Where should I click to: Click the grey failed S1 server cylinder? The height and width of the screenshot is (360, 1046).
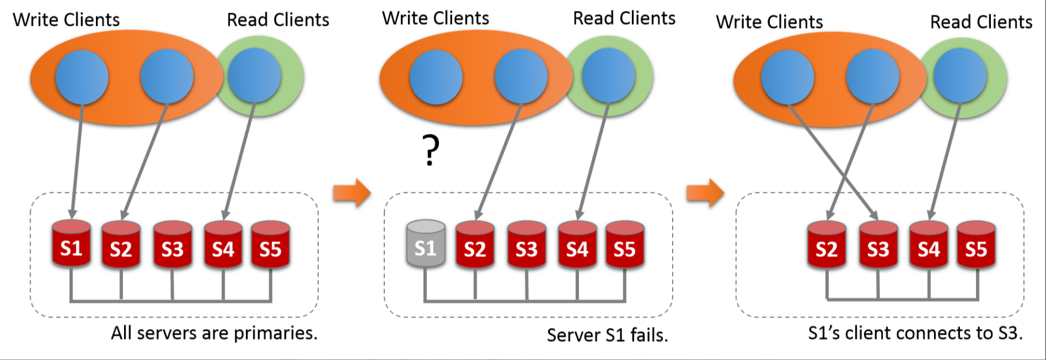[425, 244]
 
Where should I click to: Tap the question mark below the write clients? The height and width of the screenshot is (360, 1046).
[431, 150]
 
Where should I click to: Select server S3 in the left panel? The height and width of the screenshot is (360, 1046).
[172, 245]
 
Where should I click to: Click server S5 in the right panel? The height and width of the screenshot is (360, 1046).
[976, 245]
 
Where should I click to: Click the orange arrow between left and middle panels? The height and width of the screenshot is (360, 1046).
[352, 192]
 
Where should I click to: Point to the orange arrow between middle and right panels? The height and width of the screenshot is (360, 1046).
[705, 192]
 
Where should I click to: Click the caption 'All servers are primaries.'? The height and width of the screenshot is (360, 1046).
[214, 333]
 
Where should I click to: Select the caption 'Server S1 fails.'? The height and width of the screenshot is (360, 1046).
[607, 335]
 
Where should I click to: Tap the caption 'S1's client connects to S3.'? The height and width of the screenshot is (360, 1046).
[915, 333]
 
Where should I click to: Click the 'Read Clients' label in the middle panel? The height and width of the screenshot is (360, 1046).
[624, 18]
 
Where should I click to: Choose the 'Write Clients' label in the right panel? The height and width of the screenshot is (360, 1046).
[769, 22]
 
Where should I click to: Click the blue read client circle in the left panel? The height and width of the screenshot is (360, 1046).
[254, 75]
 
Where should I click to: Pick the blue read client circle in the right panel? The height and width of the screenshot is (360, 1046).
[960, 75]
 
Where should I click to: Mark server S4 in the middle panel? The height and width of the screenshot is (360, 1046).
[577, 245]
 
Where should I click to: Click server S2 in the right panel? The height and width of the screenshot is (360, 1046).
[827, 245]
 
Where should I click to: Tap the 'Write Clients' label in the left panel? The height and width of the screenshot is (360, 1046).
[66, 20]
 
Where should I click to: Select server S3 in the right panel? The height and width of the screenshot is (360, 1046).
[878, 245]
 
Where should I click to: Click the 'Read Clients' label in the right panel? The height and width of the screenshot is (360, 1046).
[981, 22]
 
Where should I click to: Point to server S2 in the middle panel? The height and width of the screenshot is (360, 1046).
[475, 245]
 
